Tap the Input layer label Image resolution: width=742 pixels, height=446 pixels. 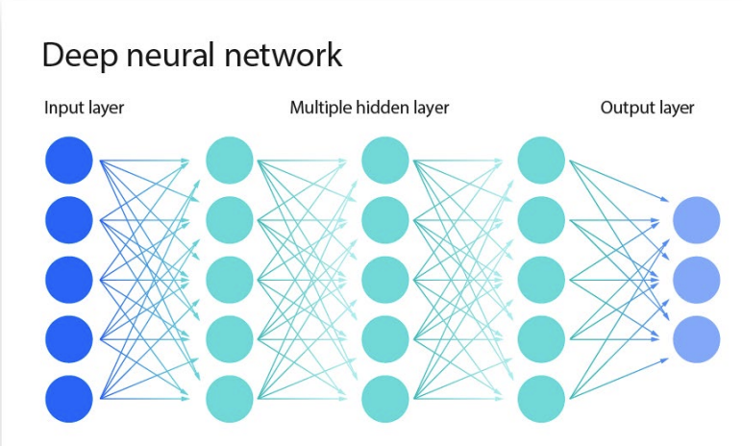[x=84, y=108]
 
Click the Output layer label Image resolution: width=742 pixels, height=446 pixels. [x=647, y=108]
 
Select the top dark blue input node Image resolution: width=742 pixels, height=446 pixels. [x=69, y=161]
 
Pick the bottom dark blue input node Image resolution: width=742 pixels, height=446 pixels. [x=69, y=399]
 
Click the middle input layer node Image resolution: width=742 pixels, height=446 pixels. [x=69, y=280]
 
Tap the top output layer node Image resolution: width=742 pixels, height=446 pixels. [x=696, y=219]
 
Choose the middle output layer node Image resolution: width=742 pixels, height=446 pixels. [x=696, y=280]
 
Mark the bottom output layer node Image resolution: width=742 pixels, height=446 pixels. [x=696, y=339]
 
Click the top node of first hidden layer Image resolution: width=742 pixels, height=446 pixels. [x=230, y=161]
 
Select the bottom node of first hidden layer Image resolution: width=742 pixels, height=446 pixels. [x=230, y=399]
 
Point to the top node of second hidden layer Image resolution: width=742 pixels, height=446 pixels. [x=385, y=161]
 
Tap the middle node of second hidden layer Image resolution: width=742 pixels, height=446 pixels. [x=385, y=280]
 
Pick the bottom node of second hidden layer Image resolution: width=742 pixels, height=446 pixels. [x=385, y=399]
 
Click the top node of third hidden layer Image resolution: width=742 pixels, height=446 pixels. [x=541, y=161]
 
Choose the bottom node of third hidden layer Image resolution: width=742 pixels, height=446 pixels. [x=541, y=399]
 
